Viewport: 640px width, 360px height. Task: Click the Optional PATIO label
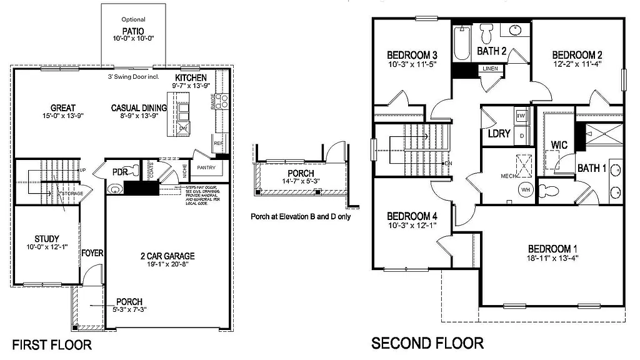[133, 30]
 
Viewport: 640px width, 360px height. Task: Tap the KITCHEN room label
[191, 77]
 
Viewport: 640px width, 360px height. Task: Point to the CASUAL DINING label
[139, 108]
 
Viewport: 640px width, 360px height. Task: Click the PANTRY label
[206, 167]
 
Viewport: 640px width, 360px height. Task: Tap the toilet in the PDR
[114, 189]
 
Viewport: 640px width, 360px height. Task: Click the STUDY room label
[47, 239]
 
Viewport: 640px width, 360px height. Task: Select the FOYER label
[92, 253]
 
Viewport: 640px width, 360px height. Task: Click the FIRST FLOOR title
[52, 344]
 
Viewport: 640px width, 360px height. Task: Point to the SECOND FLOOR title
[427, 343]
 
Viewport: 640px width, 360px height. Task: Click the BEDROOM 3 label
[411, 54]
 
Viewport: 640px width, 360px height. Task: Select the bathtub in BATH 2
[461, 44]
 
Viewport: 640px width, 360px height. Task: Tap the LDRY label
[499, 133]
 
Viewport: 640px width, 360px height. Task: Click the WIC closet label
[559, 145]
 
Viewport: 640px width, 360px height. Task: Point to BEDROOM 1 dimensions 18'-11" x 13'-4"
[548, 258]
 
